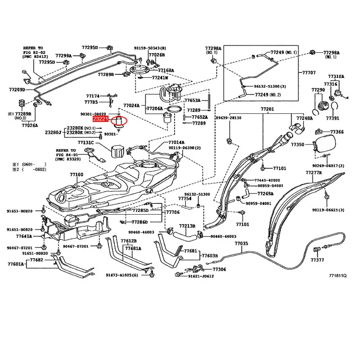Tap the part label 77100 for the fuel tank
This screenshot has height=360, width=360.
pyautogui.click(x=76, y=174)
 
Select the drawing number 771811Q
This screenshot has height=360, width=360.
pyautogui.click(x=338, y=276)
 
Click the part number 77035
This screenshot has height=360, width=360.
pyautogui.click(x=241, y=243)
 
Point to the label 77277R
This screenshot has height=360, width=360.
pyautogui.click(x=314, y=172)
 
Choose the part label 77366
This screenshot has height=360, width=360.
pyautogui.click(x=337, y=132)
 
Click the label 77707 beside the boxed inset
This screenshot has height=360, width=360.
pyautogui.click(x=309, y=72)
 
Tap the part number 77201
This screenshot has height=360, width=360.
pyautogui.click(x=267, y=109)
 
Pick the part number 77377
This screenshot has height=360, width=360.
pyautogui.click(x=317, y=260)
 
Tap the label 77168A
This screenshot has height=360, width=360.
pyautogui.click(x=166, y=70)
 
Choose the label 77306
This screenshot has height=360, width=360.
pyautogui.click(x=220, y=269)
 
